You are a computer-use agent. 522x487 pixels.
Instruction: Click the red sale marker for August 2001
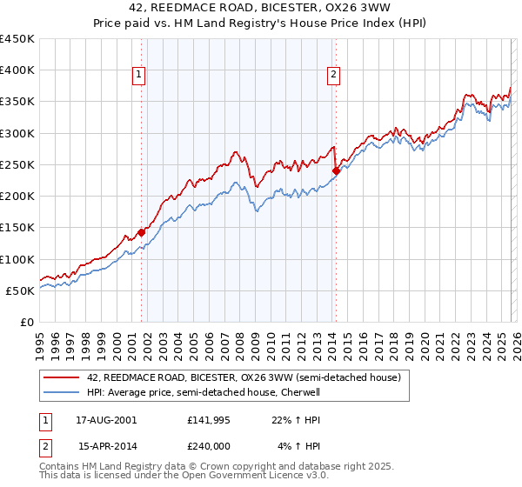141,233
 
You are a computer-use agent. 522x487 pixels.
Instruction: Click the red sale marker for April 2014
336,171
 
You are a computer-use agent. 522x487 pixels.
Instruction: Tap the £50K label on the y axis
21,290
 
